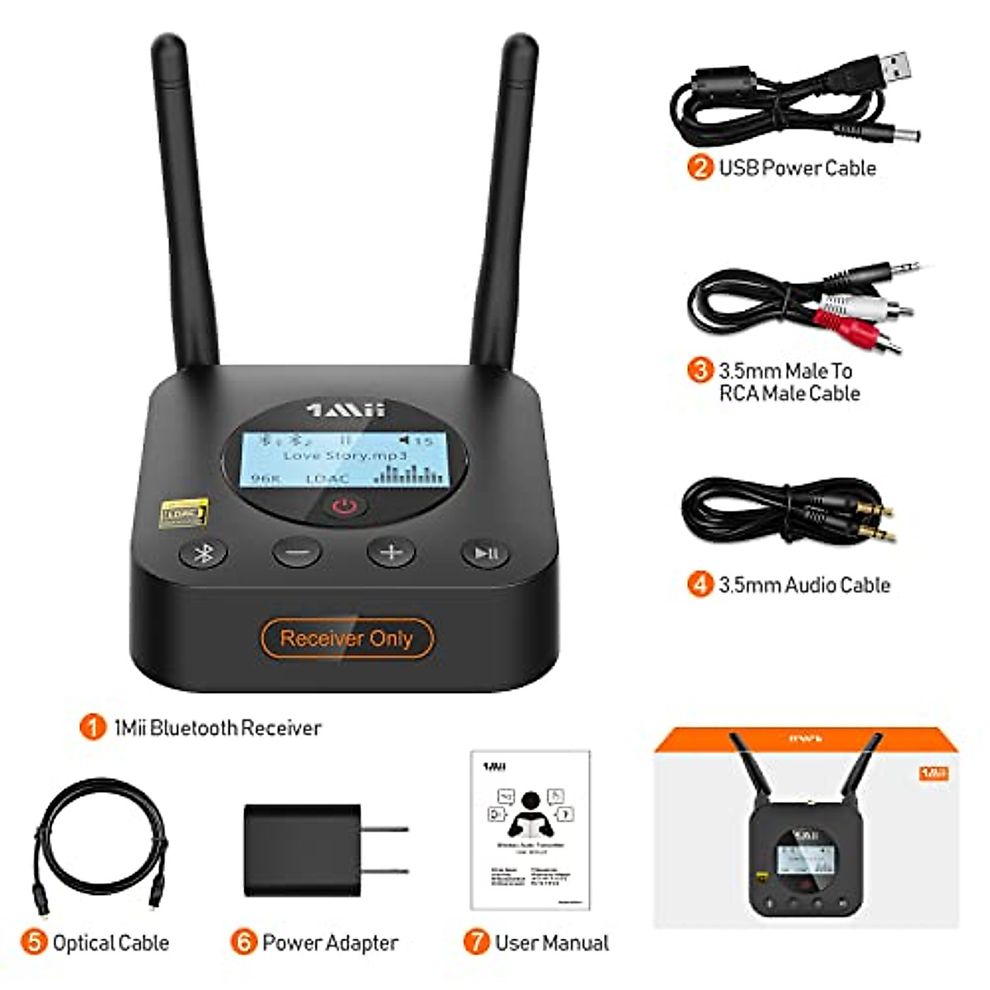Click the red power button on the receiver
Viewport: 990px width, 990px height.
click(x=345, y=505)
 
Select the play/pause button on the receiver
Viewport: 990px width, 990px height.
click(x=485, y=552)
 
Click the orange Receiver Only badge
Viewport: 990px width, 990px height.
click(x=346, y=638)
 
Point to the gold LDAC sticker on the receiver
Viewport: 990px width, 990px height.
click(x=183, y=513)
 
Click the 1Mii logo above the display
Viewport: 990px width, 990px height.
click(x=346, y=409)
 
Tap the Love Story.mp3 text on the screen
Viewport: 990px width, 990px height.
click(x=345, y=455)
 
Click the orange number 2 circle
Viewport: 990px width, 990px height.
click(x=700, y=167)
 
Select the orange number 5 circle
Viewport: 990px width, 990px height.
click(x=34, y=942)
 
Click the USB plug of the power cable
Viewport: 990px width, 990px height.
click(x=892, y=68)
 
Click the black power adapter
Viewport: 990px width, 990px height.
click(x=304, y=850)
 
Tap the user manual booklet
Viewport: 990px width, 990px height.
click(x=530, y=829)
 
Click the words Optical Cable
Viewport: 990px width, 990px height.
click(x=111, y=942)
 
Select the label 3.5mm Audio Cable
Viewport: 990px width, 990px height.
click(x=804, y=585)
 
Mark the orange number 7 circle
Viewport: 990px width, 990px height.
click(x=476, y=942)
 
